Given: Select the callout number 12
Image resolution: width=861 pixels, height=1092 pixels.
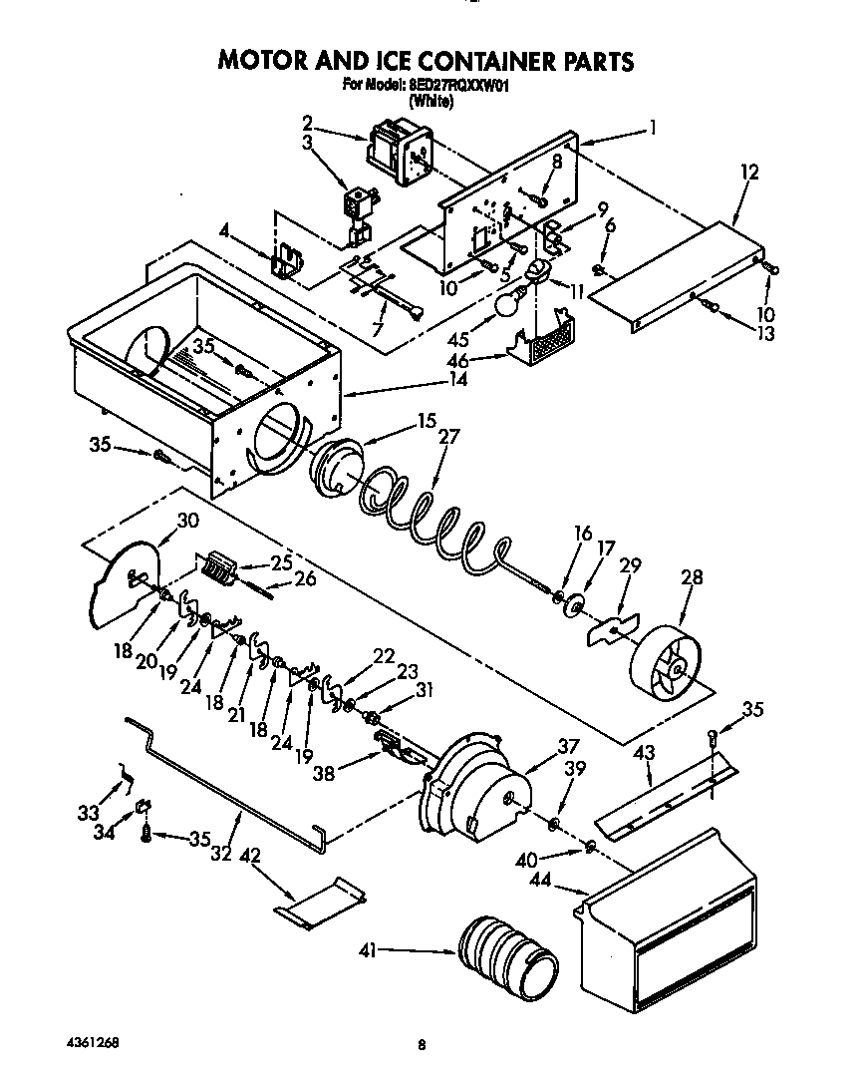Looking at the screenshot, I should [x=749, y=173].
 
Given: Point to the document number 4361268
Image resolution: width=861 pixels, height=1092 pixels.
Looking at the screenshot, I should [x=71, y=1044].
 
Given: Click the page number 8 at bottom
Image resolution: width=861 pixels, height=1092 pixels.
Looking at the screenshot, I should [x=423, y=1045].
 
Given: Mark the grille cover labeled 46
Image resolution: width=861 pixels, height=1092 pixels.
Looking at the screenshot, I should [x=544, y=338].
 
